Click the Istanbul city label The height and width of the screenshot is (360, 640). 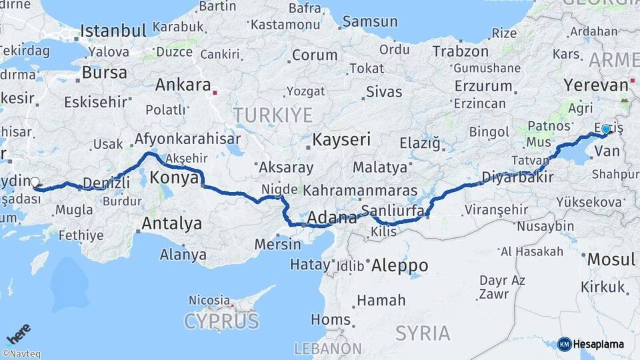(x=113, y=31)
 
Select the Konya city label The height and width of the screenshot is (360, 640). (x=175, y=178)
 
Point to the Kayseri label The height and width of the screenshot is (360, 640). (x=341, y=140)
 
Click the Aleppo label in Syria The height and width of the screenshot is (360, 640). (x=399, y=265)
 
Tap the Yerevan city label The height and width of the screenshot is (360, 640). (x=595, y=85)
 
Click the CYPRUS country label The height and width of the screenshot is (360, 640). (x=221, y=322)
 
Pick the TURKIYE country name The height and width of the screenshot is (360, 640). (x=273, y=115)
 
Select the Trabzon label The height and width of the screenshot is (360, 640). (x=460, y=51)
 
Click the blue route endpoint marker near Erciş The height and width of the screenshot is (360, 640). (x=605, y=129)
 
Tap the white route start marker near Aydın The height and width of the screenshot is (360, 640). (x=35, y=181)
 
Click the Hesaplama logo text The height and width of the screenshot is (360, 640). (x=599, y=344)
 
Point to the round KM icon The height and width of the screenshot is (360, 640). (x=565, y=344)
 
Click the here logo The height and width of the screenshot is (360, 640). (x=18, y=334)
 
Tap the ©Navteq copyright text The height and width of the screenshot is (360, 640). (x=21, y=354)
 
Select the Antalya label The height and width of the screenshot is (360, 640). (x=172, y=224)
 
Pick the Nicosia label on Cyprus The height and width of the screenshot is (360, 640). (x=209, y=300)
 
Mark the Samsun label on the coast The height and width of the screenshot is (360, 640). (x=369, y=21)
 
